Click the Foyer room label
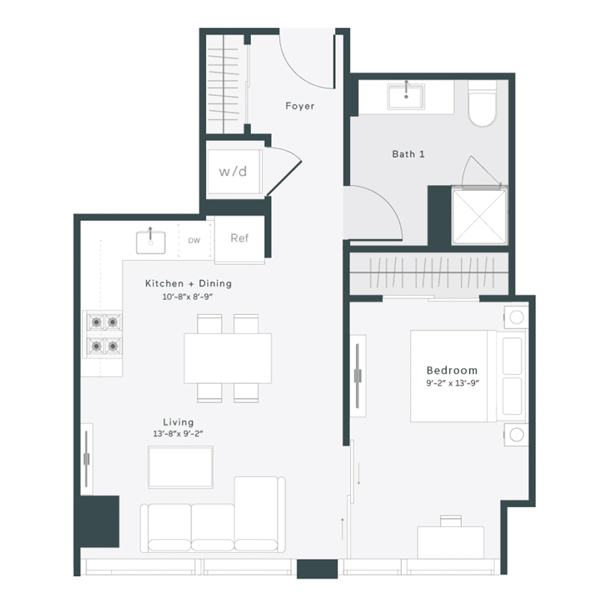[x=299, y=106]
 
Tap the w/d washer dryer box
[x=233, y=171]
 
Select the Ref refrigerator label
[x=239, y=238]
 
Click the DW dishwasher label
[x=194, y=240]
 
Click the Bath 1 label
[x=408, y=154]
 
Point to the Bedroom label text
[x=452, y=370]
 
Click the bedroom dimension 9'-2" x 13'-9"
[x=452, y=383]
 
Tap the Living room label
[x=178, y=422]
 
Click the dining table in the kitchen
[x=228, y=357]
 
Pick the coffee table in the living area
[x=180, y=466]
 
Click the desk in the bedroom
[x=451, y=541]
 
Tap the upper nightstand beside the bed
[x=517, y=316]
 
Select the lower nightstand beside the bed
[x=517, y=434]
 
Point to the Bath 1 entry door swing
[x=374, y=214]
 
